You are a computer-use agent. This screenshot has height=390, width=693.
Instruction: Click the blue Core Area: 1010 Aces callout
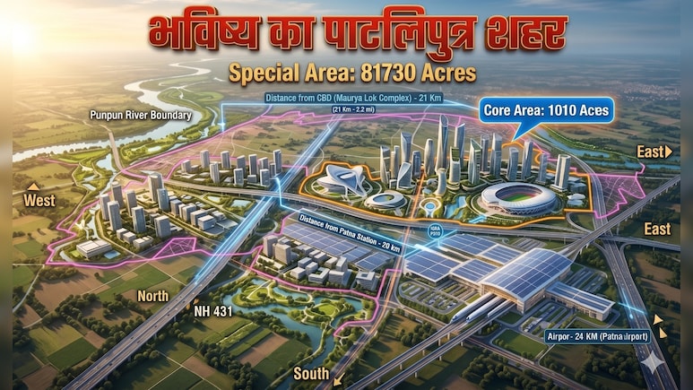(x=546, y=111)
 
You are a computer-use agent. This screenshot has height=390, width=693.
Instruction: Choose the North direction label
(x=153, y=295)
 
